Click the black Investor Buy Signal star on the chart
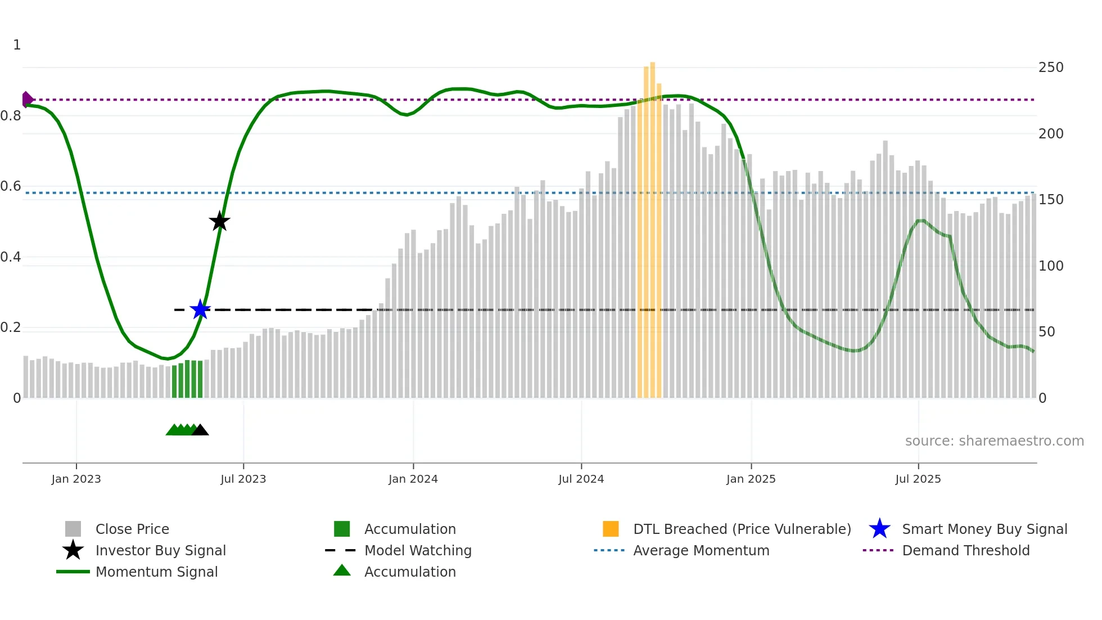pos(219,221)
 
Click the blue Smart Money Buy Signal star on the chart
pos(200,309)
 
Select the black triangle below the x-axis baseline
pos(200,430)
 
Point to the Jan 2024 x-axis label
pos(413,479)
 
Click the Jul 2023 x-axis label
pos(243,479)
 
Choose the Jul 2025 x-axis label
pos(918,479)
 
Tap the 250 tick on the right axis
pos(1050,68)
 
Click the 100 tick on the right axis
pos(1050,266)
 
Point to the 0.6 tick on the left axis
pos(11,186)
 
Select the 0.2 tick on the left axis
pos(11,327)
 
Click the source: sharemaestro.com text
pos(994,441)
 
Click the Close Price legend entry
pos(132,529)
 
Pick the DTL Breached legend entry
pos(742,529)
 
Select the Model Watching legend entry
pos(418,550)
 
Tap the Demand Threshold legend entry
pos(965,550)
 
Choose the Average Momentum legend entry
pos(701,550)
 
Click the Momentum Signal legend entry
pos(156,572)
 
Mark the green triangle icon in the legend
pos(342,570)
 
